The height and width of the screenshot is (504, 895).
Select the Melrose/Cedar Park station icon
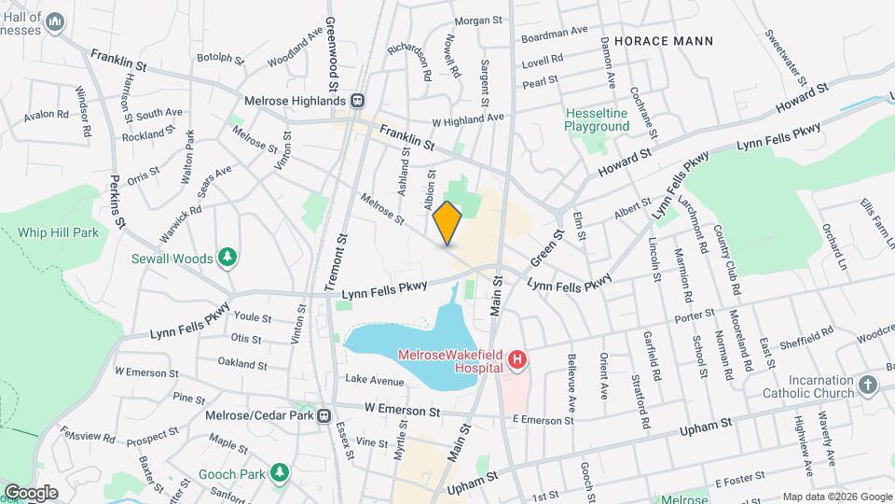324,416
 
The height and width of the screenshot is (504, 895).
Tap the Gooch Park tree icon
278,472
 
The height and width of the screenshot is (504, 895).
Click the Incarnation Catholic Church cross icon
868,385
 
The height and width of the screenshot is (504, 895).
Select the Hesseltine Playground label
597,119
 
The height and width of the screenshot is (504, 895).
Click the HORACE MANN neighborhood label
664,41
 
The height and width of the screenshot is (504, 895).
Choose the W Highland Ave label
467,119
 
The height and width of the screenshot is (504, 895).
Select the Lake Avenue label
374,380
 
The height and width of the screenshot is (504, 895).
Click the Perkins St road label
117,201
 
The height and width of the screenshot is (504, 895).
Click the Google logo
31,492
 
